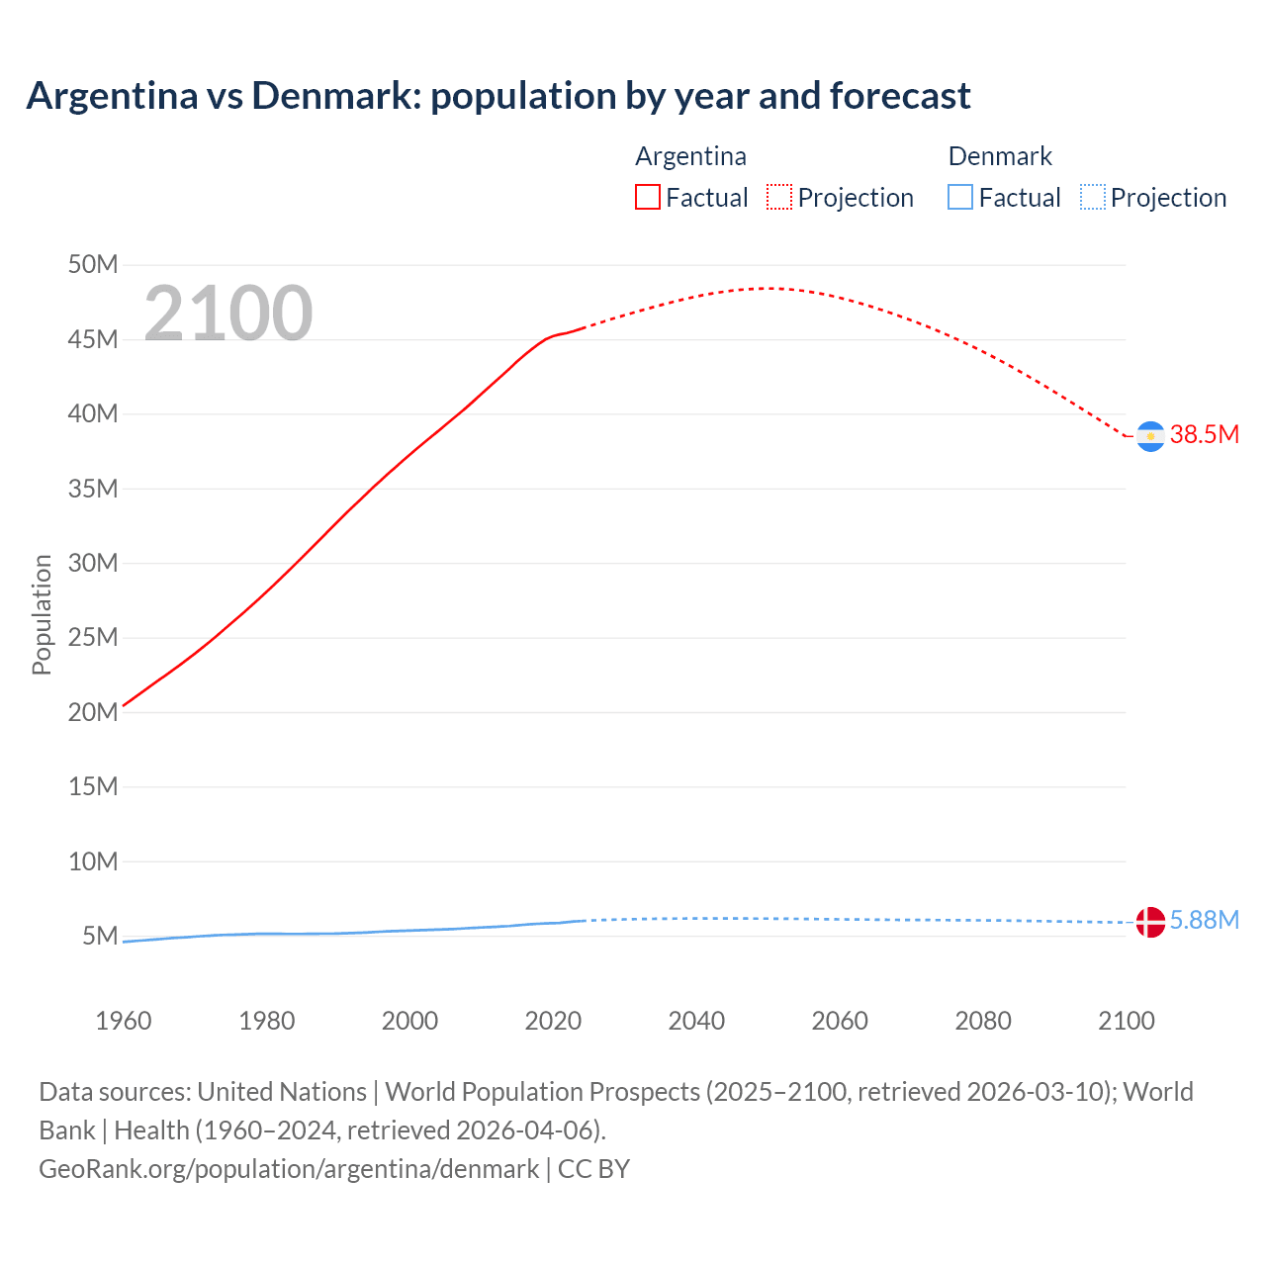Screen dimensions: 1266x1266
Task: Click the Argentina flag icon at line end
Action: (x=1150, y=436)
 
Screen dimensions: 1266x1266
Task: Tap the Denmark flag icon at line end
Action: (x=1150, y=922)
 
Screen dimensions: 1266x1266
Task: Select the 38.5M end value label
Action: (x=1204, y=435)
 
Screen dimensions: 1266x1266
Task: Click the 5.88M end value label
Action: (x=1204, y=921)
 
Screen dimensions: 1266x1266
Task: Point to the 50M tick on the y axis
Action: (x=93, y=265)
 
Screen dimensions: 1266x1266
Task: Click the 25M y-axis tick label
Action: (x=93, y=638)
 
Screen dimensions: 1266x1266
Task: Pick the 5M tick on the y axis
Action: (x=100, y=937)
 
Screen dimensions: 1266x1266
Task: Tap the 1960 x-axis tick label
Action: (x=124, y=1021)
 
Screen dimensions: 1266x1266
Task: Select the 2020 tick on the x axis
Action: (x=553, y=1021)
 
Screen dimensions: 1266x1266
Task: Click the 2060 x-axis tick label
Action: (x=840, y=1021)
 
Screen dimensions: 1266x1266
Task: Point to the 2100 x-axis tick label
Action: (x=1126, y=1021)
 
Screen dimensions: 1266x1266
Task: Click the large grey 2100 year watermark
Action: (x=228, y=314)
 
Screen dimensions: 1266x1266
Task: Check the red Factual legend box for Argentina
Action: (x=648, y=198)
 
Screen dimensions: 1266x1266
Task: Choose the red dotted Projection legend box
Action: (x=779, y=198)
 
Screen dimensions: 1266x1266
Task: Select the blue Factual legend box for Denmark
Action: (x=960, y=198)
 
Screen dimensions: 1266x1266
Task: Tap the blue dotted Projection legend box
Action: (x=1093, y=198)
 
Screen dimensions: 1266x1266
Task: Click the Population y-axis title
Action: (x=42, y=614)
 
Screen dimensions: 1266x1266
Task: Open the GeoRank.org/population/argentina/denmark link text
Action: (x=289, y=1169)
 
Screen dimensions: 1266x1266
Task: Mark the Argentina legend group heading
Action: (x=690, y=156)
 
